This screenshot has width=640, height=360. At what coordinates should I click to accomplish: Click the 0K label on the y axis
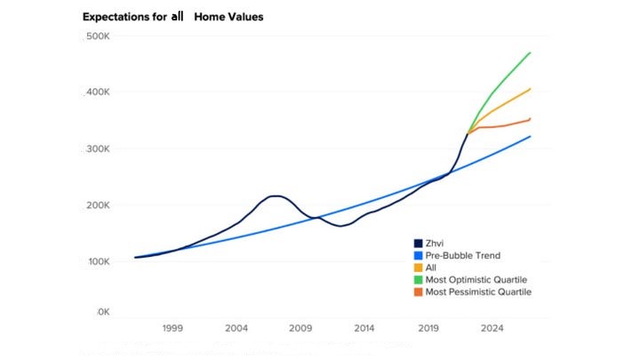[x=101, y=313]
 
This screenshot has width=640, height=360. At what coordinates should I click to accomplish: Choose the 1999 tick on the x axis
[x=172, y=328]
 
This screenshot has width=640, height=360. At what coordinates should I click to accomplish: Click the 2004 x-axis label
[x=236, y=328]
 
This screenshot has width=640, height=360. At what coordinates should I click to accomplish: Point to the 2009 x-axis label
[x=300, y=328]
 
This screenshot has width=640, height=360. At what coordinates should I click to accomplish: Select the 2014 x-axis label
[x=364, y=328]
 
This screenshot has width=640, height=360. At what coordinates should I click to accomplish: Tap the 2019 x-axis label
[x=428, y=328]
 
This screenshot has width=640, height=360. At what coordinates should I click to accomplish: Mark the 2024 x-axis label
[x=492, y=328]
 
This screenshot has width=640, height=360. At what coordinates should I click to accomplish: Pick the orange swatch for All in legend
[x=418, y=268]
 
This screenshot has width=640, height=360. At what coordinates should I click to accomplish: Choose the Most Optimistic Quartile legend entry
[x=476, y=280]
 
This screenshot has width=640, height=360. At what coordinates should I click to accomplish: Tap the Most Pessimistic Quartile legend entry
[x=477, y=292]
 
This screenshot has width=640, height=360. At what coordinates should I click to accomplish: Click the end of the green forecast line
[x=531, y=52]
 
